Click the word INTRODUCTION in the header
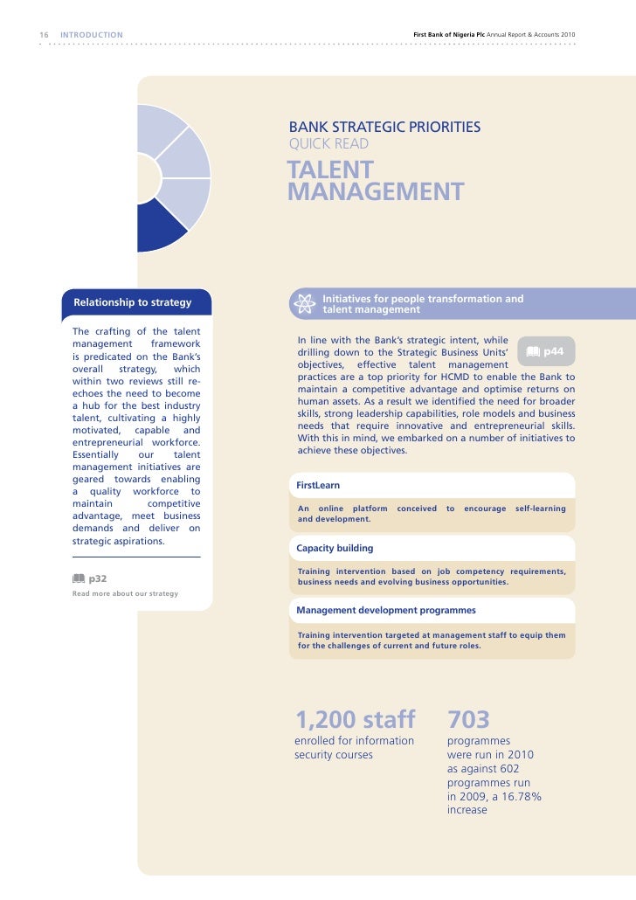point(92,35)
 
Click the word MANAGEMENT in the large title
point(376,191)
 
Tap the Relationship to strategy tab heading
point(133,303)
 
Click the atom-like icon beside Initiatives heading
point(305,304)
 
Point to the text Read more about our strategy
point(125,594)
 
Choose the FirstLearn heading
point(318,484)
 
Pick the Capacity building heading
point(335,548)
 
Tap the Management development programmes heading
point(385,610)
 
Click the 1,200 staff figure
point(355,720)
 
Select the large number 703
point(468,720)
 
